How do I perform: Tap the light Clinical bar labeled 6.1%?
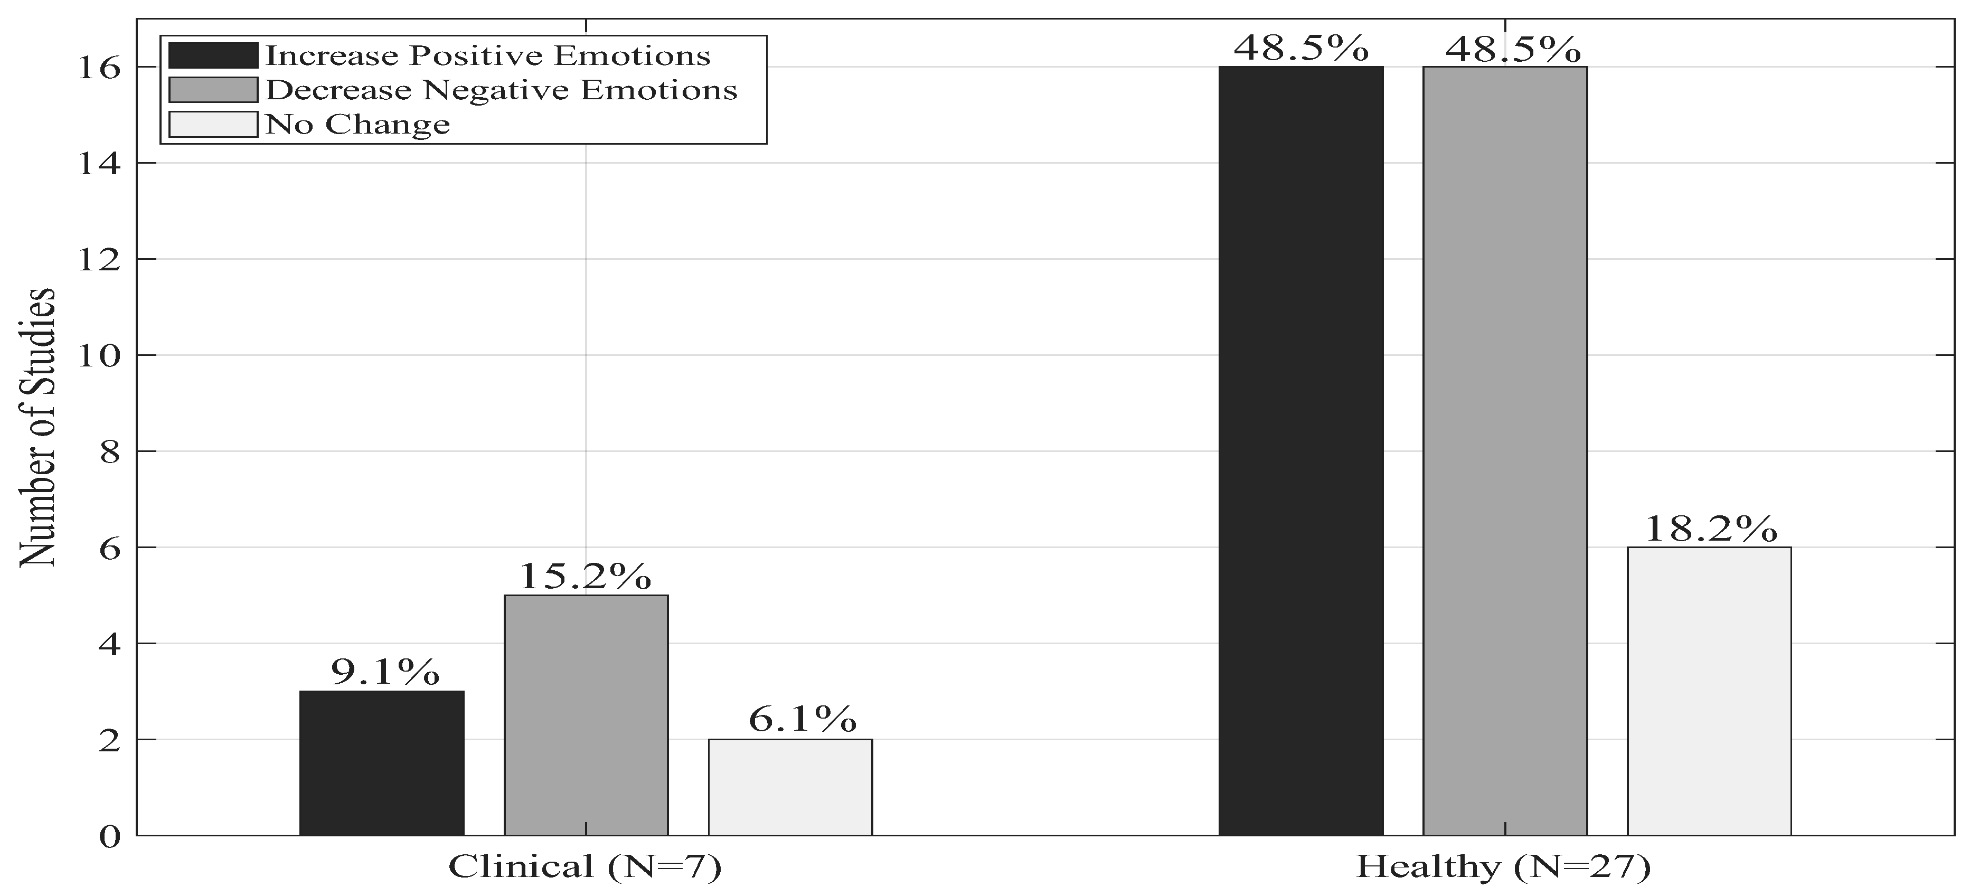[x=790, y=787]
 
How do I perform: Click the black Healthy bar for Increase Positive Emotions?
[x=1301, y=451]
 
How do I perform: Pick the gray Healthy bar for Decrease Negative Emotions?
[x=1504, y=451]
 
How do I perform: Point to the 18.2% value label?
[x=1710, y=529]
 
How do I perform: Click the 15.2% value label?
[x=585, y=577]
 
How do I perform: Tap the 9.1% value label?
[x=385, y=673]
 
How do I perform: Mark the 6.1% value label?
[x=802, y=720]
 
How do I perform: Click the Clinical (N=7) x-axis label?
[x=585, y=867]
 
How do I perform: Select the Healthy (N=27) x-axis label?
[x=1503, y=867]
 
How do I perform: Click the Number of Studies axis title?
[x=37, y=428]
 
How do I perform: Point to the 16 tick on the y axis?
[x=99, y=68]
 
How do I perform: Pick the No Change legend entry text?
[x=357, y=125]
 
